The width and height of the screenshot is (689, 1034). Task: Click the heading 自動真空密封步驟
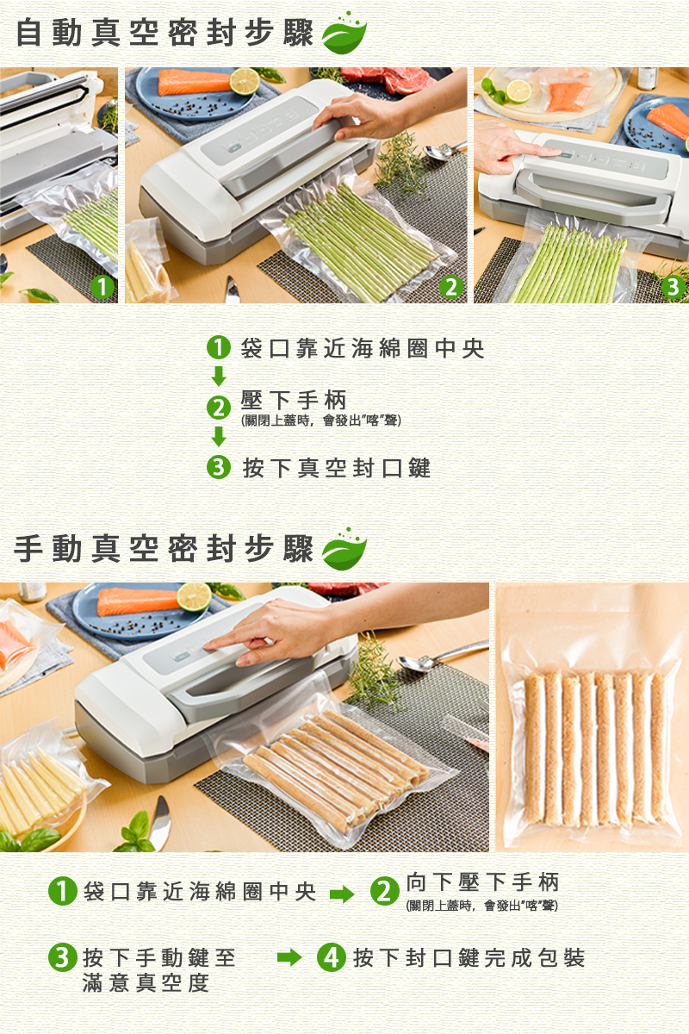point(164,34)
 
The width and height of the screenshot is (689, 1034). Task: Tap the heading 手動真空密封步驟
point(164,550)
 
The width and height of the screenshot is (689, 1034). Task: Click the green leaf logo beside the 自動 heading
point(344,33)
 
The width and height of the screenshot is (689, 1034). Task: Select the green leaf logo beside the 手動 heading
point(344,549)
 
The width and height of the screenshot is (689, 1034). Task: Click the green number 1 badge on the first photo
point(102,287)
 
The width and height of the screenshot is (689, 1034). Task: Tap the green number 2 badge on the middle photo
point(451,287)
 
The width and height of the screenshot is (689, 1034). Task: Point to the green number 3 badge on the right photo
point(673,287)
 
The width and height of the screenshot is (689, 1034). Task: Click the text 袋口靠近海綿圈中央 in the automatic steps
point(363,348)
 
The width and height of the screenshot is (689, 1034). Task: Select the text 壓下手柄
point(294,400)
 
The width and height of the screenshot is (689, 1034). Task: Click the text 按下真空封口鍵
point(337,468)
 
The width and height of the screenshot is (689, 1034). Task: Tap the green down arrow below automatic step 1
point(219,377)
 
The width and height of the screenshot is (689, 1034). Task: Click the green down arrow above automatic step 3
point(219,437)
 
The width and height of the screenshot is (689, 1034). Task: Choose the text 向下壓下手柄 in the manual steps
point(482,881)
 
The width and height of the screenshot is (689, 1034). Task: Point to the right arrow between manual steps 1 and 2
point(342,894)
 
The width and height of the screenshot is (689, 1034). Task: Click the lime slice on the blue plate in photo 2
point(245,81)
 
